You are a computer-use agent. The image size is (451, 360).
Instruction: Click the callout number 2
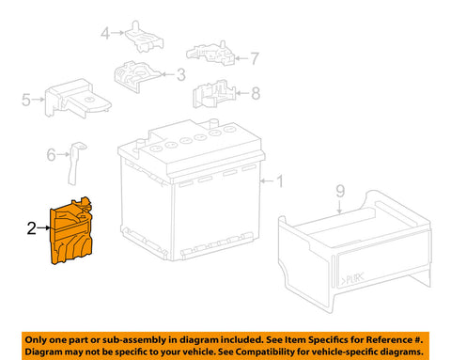pos(32,228)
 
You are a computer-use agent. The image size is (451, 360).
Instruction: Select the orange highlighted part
pos(71,232)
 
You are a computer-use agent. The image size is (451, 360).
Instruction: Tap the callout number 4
pos(105,33)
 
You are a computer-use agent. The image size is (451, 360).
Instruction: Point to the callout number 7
pos(255,58)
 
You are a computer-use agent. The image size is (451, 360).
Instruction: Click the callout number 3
pos(181,75)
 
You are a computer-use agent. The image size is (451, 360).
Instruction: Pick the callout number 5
pos(26,100)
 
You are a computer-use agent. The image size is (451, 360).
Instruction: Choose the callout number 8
pos(256,93)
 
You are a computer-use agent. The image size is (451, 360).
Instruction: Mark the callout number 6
pos(51,155)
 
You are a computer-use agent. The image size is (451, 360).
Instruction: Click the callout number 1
pos(279,181)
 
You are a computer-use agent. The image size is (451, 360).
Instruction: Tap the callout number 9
pos(340,192)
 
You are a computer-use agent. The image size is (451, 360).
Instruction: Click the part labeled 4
pos(145,38)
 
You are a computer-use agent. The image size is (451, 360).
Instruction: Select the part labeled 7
pos(210,53)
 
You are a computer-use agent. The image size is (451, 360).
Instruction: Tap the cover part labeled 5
pos(77,98)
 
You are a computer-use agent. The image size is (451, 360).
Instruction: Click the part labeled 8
pos(213,94)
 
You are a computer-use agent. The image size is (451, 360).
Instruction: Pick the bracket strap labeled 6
pos(74,163)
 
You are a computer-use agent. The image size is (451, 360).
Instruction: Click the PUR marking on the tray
pos(352,278)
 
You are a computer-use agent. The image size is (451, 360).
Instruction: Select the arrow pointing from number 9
pos(340,206)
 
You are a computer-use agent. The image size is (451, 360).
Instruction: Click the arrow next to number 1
pos(267,181)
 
